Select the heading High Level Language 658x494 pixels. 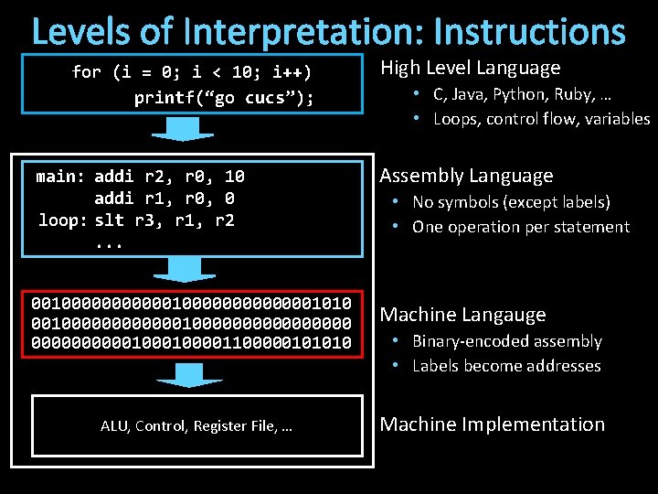pyautogui.click(x=470, y=68)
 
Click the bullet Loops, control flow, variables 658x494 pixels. pyautogui.click(x=541, y=119)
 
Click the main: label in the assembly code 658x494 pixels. pyautogui.click(x=59, y=177)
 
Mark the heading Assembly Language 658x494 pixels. pyautogui.click(x=466, y=176)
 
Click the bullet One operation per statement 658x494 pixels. pyautogui.click(x=520, y=227)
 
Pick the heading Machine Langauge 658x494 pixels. pyautogui.click(x=462, y=315)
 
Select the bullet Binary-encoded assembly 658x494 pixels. pyautogui.click(x=506, y=341)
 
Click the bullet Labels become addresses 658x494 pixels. pyautogui.click(x=506, y=366)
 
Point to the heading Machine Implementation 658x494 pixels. pyautogui.click(x=492, y=424)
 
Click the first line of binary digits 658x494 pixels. pyautogui.click(x=191, y=303)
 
